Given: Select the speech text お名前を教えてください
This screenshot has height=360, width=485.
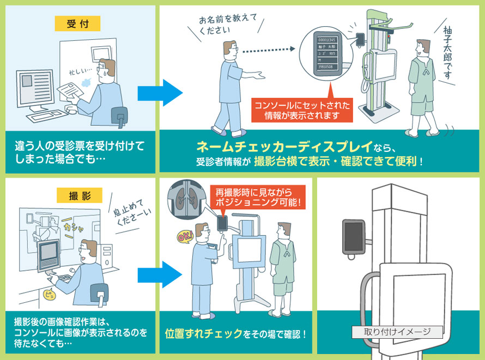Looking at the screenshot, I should (216, 25).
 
